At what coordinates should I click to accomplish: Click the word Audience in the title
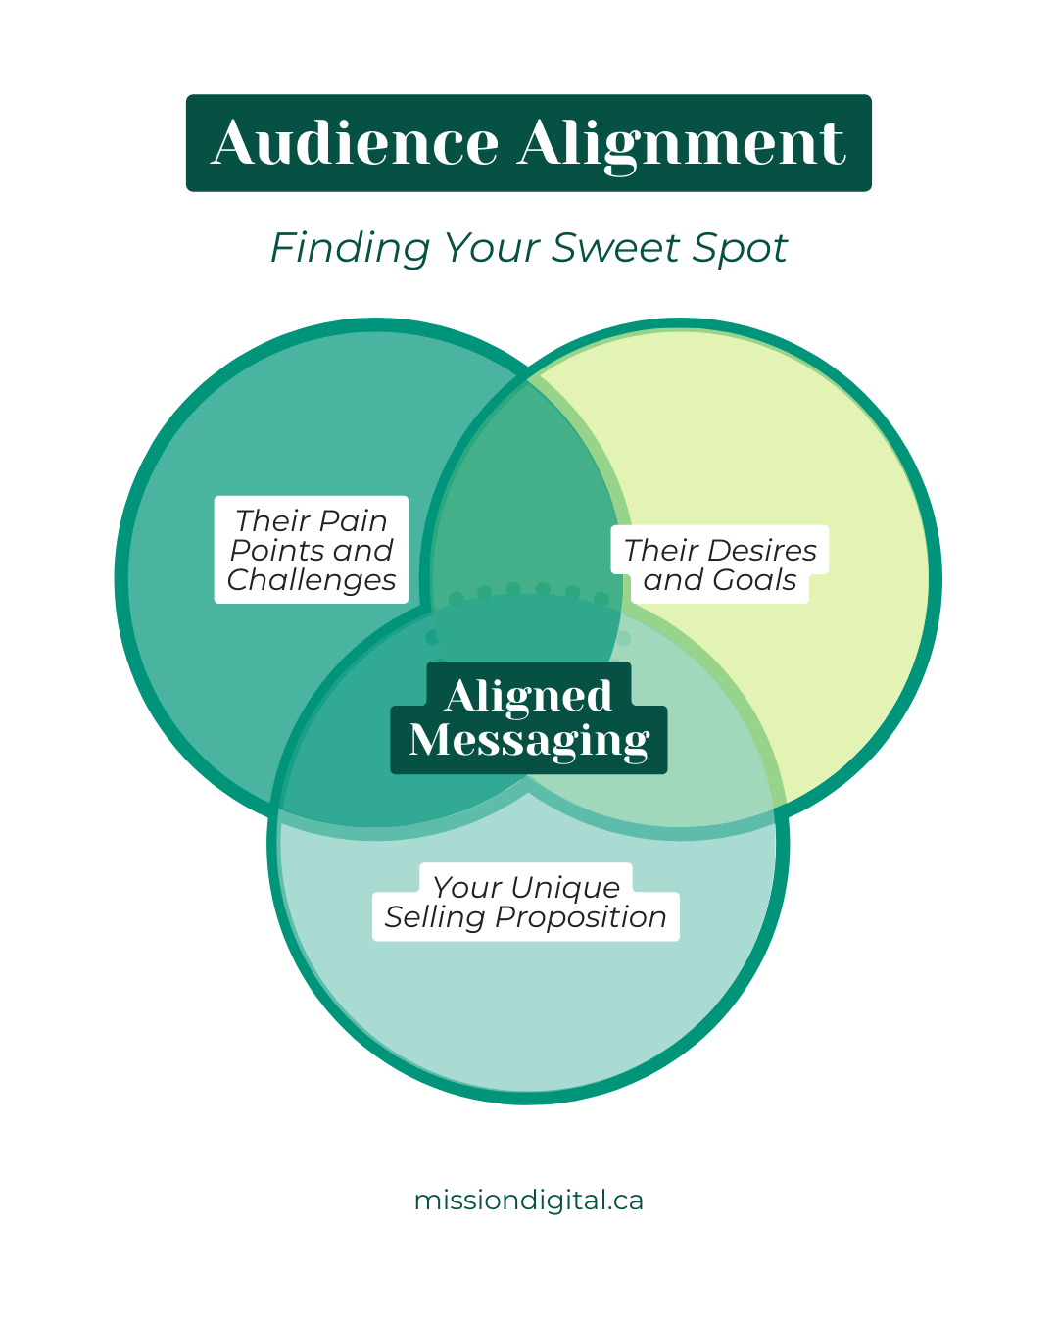[x=355, y=143]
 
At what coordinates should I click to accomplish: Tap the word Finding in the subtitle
[x=350, y=248]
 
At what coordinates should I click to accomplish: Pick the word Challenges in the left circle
[x=312, y=580]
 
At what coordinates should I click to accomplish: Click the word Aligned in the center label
[x=529, y=696]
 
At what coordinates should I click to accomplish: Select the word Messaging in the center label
[x=529, y=741]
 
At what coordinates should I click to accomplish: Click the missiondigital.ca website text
[x=529, y=1200]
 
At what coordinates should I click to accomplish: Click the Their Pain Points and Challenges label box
[x=312, y=550]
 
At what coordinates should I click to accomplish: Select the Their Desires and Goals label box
[x=720, y=564]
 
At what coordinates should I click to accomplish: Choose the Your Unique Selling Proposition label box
[x=526, y=903]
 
